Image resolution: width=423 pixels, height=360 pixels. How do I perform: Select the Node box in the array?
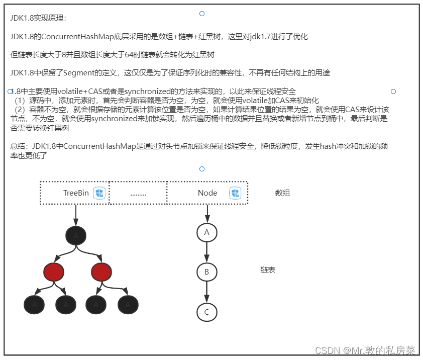[207, 193]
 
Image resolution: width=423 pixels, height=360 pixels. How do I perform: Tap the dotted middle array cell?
[138, 193]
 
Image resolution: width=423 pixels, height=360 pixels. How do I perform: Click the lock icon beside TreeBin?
[99, 193]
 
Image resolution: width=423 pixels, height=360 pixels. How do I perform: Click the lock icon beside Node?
[235, 193]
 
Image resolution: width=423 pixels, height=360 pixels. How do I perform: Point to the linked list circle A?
[206, 232]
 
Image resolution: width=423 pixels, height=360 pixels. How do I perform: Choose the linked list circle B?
[206, 272]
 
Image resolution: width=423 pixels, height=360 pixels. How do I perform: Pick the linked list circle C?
[206, 312]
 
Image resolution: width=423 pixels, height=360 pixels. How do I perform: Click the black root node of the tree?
[76, 235]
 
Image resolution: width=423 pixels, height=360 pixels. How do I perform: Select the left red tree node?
[54, 272]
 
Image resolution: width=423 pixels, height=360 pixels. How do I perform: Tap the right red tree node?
[101, 272]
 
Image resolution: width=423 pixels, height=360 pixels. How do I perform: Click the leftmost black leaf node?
[34, 304]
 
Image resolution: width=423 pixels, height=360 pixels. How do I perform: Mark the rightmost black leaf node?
[128, 304]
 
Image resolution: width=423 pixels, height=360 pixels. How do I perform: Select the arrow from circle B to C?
[206, 292]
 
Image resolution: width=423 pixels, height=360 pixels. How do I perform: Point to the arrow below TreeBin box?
[76, 215]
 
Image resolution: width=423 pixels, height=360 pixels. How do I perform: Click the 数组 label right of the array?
[282, 193]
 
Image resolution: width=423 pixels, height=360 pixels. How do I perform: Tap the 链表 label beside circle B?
[268, 270]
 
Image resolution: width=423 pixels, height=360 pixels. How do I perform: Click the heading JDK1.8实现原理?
[38, 18]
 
